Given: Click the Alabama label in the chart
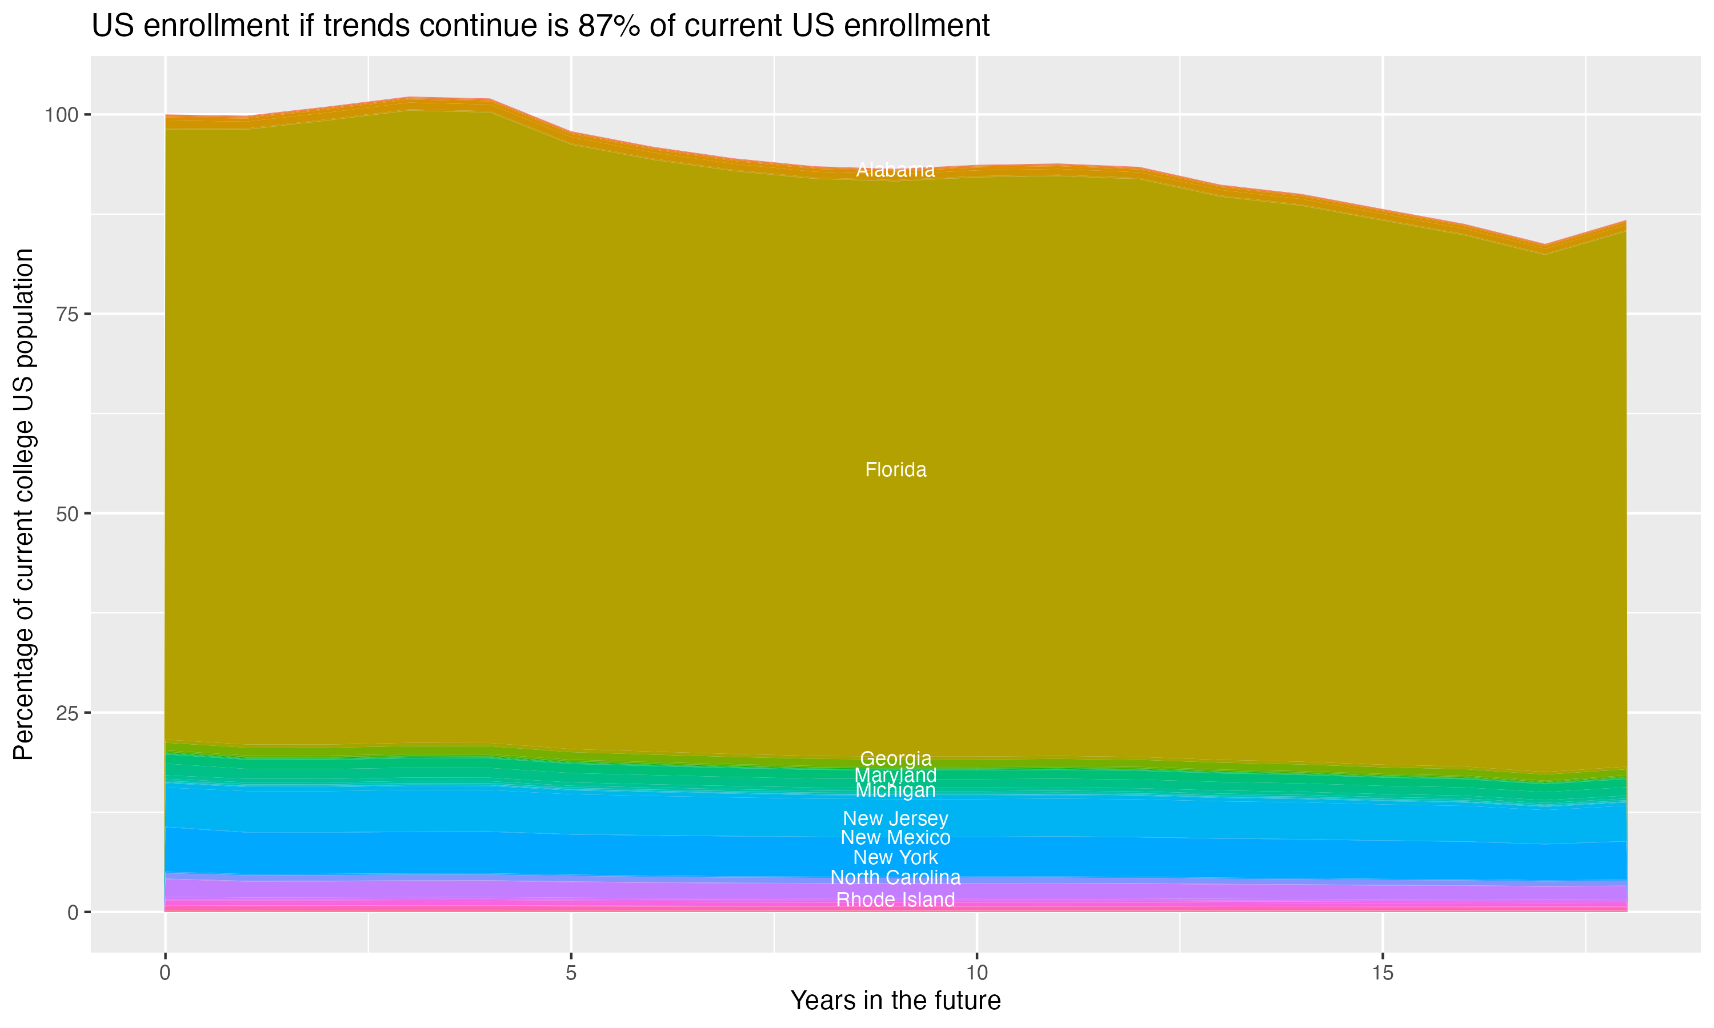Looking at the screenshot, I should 895,170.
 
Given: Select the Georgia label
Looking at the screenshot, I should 895,758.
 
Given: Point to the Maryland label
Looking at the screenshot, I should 895,775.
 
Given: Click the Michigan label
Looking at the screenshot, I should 895,790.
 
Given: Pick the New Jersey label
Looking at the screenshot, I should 895,819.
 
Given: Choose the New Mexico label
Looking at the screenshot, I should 895,837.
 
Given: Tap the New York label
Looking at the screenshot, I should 895,858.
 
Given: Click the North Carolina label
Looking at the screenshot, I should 895,878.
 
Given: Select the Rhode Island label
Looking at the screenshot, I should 895,900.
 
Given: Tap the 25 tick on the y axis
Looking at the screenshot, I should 68,713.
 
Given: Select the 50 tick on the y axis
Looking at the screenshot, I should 68,514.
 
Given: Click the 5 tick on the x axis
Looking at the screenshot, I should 571,973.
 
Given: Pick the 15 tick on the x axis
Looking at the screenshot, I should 1382,973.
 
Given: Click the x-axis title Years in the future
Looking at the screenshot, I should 895,1000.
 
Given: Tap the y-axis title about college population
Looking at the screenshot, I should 23,504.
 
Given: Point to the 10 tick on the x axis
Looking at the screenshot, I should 976,973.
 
